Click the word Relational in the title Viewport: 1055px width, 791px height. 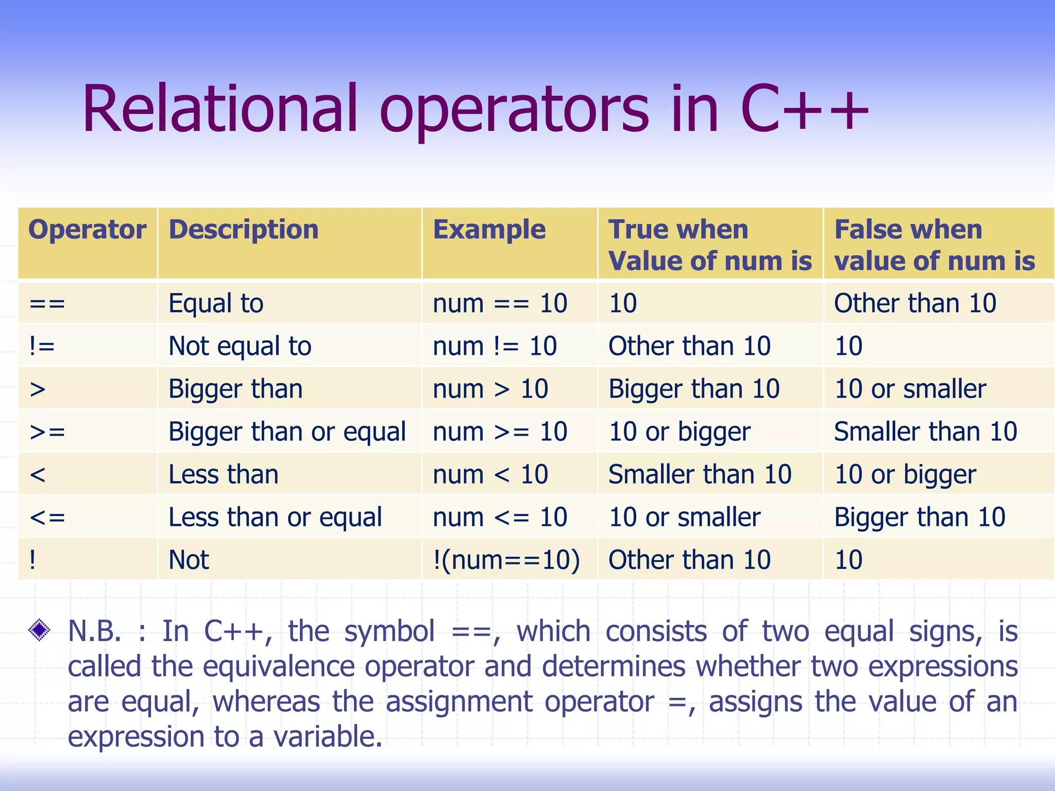219,109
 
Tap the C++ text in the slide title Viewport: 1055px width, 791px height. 804,109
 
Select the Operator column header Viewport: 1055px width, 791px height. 87,230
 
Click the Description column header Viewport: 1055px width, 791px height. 244,230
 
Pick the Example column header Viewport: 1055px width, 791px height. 489,230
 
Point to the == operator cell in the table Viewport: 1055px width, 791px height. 47,303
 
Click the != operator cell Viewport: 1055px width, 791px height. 42,346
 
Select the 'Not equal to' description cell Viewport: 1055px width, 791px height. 240,346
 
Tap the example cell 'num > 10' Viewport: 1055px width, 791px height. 490,389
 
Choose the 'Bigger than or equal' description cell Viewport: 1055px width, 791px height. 287,432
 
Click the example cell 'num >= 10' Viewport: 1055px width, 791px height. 500,432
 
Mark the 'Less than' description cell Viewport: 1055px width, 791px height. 223,474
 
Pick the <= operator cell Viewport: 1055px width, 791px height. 47,517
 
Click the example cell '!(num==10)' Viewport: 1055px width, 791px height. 506,560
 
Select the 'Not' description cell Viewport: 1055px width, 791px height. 189,560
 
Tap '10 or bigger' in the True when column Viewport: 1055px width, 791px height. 679,432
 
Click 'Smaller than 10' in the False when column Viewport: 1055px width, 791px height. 925,432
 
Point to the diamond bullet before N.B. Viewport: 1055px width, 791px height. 39,630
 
